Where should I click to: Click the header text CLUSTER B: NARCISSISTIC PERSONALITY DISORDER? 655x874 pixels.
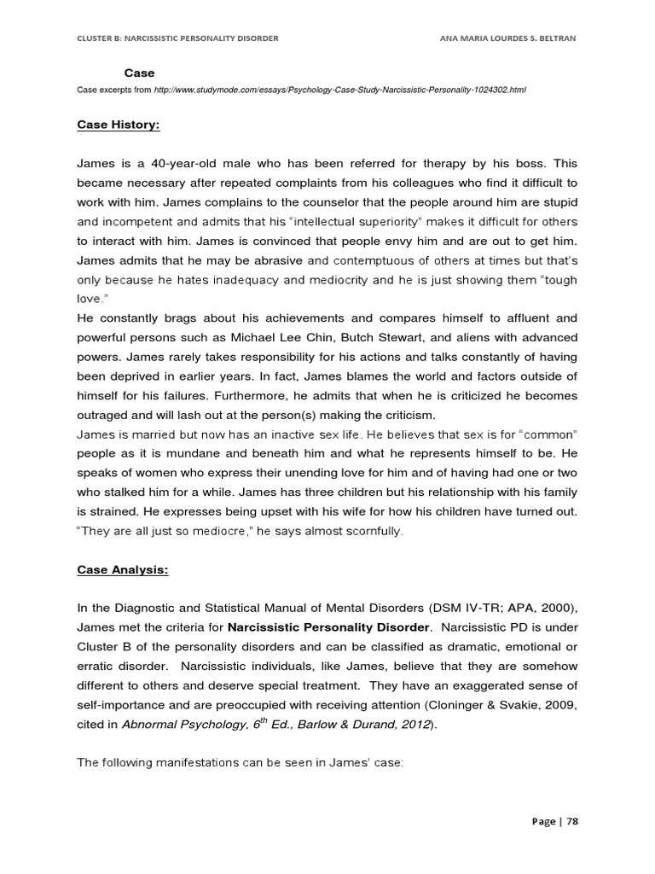(177, 38)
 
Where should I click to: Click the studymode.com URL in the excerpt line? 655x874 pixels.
(327, 90)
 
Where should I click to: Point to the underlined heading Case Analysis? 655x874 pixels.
(123, 571)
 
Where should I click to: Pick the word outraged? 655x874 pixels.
(104, 415)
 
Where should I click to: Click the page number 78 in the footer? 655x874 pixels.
(571, 821)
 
